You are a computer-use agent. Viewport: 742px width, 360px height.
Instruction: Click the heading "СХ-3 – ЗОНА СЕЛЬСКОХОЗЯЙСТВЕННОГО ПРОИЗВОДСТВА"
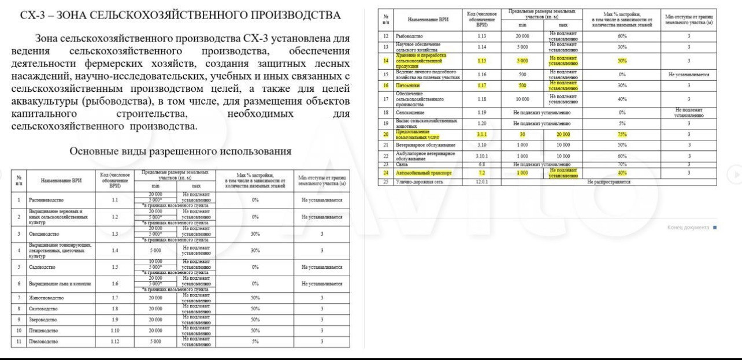[180, 15]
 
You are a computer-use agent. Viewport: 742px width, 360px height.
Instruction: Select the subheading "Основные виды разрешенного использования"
[180, 151]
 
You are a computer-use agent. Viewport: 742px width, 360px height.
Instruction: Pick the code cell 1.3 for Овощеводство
[115, 233]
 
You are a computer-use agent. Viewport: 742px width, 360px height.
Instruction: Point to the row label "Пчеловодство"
[44, 342]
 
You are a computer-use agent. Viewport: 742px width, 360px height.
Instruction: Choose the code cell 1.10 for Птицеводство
[115, 331]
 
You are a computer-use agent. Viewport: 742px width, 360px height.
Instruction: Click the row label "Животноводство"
[46, 298]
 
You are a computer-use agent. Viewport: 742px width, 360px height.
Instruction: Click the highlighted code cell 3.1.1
[481, 134]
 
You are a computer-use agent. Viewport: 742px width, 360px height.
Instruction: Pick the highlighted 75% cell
[622, 134]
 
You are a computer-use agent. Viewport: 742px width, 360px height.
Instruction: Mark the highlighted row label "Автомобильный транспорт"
[424, 172]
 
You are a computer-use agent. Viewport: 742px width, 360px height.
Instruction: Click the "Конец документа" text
[688, 227]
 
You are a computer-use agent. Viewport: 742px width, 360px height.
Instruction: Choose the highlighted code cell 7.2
[481, 172]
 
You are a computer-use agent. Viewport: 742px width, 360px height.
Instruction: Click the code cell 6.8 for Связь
[481, 165]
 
